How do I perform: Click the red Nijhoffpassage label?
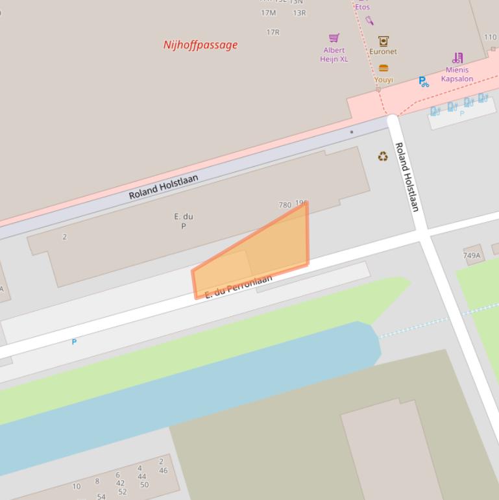201,45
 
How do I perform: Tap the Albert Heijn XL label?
334,55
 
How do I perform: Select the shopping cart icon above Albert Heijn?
334,38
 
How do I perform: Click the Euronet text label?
383,51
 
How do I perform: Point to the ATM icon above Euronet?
383,41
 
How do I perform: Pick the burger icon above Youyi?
383,68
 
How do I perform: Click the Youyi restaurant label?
383,80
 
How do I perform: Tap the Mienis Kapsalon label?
457,74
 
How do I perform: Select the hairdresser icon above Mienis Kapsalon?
457,58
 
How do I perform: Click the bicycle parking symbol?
423,82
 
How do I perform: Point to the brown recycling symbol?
383,156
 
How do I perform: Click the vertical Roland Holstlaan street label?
407,177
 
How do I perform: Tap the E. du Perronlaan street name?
238,286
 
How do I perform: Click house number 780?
285,205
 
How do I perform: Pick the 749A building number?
472,255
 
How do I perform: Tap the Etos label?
362,7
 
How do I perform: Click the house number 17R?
273,32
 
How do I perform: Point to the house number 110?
490,37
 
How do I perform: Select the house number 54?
101,496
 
